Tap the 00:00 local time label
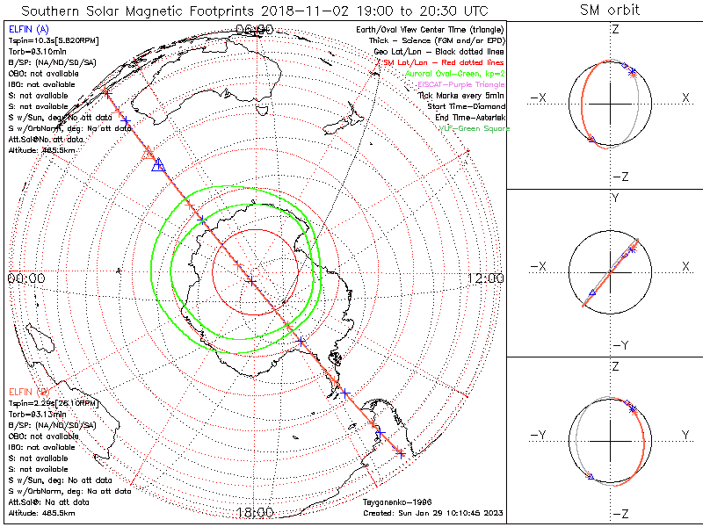pos(25,278)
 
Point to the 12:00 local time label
pos(485,278)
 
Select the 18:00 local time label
pos(255,512)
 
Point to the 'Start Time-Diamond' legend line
pos(468,106)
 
